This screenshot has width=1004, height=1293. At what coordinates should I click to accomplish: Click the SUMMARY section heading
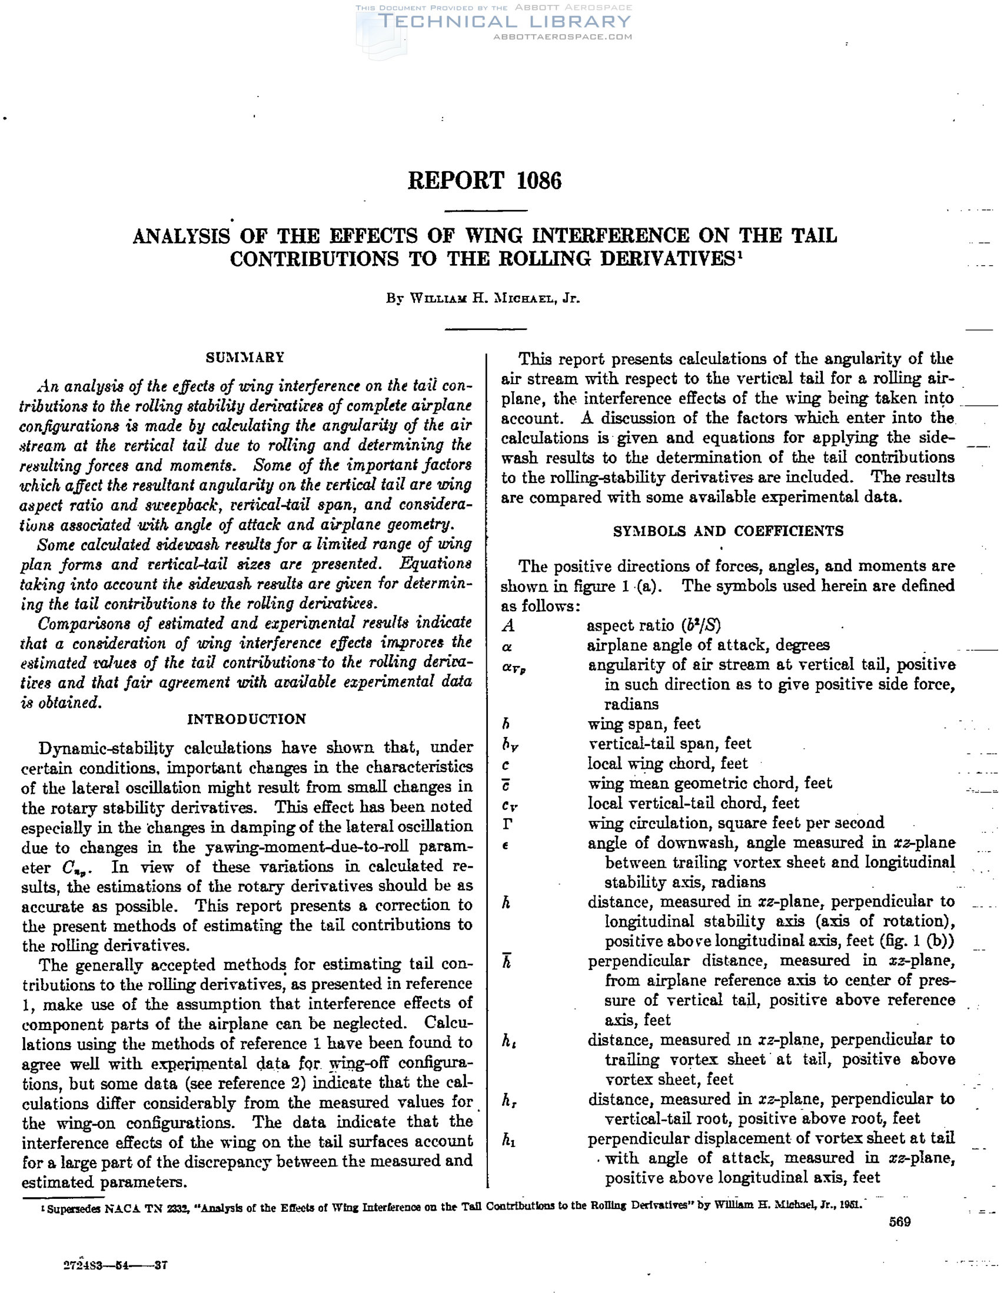click(245, 358)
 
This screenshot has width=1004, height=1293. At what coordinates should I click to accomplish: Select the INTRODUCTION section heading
click(247, 719)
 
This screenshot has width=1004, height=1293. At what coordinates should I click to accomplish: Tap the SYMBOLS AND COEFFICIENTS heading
click(728, 531)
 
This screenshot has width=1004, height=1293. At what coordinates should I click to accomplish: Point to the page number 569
click(900, 1222)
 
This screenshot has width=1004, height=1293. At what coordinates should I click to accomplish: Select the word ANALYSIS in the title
click(181, 236)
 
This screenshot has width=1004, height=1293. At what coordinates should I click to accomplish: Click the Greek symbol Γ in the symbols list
click(507, 823)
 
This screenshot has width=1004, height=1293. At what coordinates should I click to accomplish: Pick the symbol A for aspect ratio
click(508, 626)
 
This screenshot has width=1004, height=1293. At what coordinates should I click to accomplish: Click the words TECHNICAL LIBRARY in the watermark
click(505, 22)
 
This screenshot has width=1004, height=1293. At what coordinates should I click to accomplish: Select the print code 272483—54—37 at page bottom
click(115, 1266)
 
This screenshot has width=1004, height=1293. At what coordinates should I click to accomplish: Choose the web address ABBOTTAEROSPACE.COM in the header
click(563, 36)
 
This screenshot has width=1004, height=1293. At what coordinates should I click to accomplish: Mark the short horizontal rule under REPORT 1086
click(485, 211)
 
